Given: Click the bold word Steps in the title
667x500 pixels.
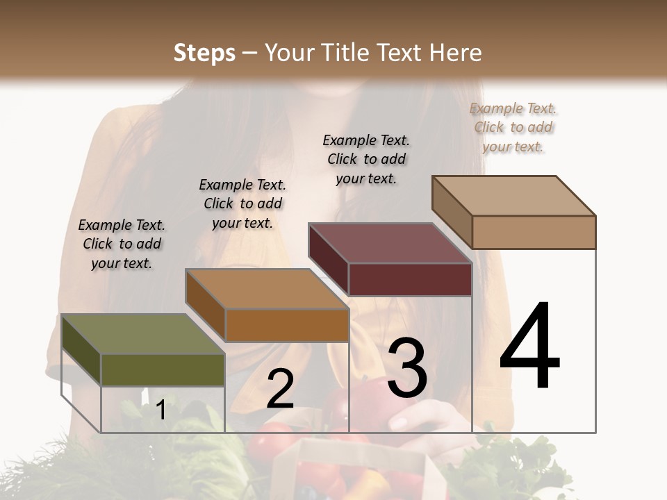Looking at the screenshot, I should coord(204,53).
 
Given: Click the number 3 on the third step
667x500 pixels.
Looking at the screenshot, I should coord(407,368).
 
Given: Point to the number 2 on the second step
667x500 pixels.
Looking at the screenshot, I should coord(280,390).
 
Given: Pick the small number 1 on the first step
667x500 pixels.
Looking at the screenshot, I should coord(160,410).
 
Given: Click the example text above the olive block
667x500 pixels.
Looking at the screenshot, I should coord(122,244).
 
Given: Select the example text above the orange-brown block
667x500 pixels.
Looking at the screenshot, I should coord(242,203).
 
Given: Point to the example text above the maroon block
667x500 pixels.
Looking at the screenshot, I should coord(366,159).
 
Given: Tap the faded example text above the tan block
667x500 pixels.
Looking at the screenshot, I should coord(513,127).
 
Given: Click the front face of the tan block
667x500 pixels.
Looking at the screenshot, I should coord(534,232).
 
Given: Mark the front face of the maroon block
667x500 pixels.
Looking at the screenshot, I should coord(410,279).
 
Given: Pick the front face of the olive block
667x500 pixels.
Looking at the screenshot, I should coord(163,369).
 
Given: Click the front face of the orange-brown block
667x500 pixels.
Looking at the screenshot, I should coord(286,325).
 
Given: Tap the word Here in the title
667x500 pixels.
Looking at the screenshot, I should coord(456,53).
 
